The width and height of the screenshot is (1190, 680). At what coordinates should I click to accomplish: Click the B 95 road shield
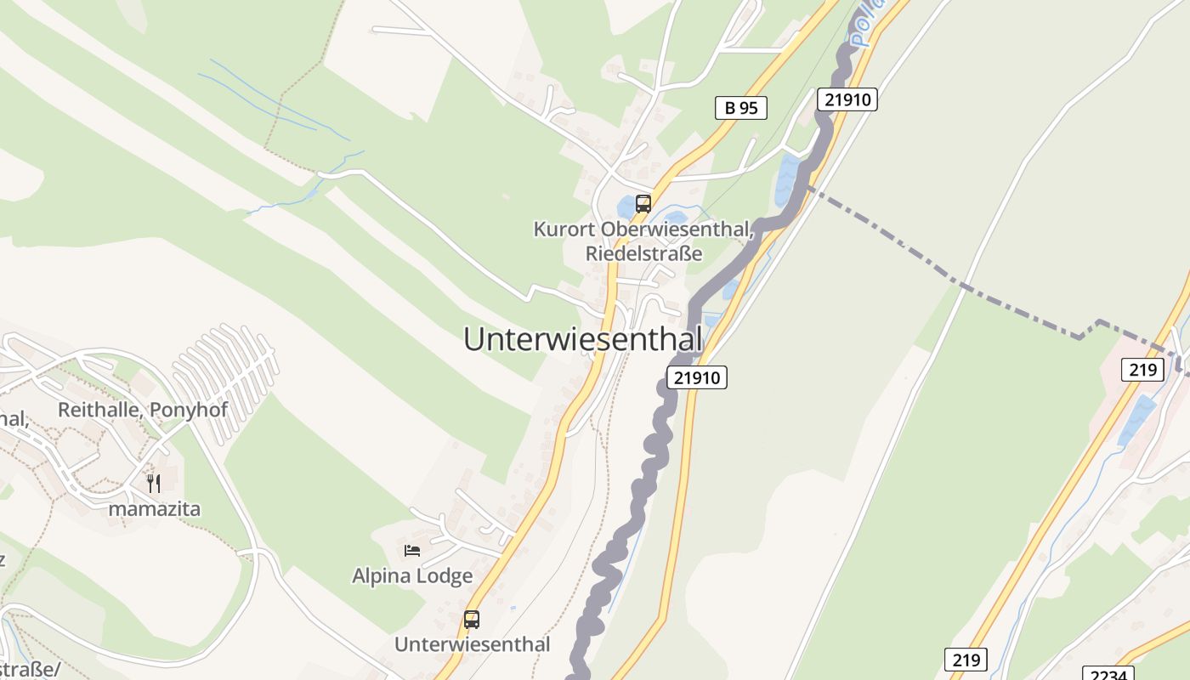741,108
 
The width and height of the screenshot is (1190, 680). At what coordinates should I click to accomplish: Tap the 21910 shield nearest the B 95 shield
847,99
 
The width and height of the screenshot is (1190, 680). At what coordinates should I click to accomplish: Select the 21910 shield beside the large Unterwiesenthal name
698,377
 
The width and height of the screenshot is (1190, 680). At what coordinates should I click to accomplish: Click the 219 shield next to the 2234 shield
966,659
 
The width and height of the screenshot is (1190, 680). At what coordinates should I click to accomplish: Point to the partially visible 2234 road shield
1109,674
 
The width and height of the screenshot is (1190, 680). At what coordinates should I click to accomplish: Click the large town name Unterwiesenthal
583,339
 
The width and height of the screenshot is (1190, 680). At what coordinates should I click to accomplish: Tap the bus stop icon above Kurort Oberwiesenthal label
643,204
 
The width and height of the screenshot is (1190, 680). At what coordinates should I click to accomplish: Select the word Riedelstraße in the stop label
643,253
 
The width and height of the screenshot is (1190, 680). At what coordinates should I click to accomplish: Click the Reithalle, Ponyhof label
143,410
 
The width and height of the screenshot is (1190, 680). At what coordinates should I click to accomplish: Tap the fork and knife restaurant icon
154,484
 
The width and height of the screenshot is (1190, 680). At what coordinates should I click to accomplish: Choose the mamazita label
154,509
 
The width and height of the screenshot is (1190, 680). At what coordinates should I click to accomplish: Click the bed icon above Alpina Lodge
412,551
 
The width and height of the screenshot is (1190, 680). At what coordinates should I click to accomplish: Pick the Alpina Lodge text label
412,575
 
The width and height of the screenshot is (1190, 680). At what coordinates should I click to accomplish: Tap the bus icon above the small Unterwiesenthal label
472,620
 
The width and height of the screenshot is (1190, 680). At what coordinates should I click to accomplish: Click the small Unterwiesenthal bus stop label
472,644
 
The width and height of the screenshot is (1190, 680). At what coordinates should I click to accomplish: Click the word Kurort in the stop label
564,229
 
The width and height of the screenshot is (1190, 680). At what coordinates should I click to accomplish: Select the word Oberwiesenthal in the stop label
676,229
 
